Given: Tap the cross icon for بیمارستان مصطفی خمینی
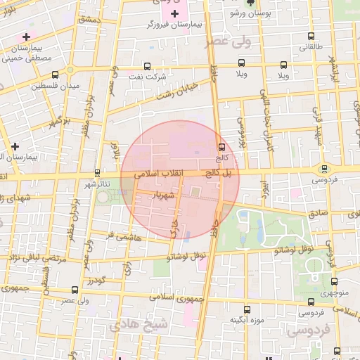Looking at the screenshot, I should (x=26, y=37).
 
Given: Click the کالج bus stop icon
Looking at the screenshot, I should (x=222, y=148).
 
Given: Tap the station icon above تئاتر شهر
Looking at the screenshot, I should (x=97, y=173).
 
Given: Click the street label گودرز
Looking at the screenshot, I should (x=97, y=281).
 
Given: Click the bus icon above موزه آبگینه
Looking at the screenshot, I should (x=246, y=309).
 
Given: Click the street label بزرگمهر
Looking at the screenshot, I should (x=60, y=123).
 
